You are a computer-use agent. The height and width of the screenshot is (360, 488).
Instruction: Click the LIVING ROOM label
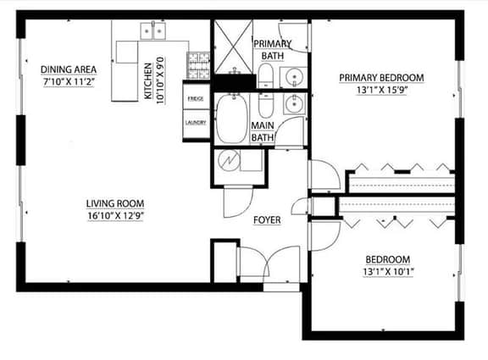tap(115, 203)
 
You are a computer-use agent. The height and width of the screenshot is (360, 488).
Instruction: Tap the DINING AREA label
tap(69, 69)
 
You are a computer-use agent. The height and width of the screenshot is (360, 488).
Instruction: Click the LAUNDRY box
tap(196, 124)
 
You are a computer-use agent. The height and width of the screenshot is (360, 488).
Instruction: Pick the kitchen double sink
tap(152, 30)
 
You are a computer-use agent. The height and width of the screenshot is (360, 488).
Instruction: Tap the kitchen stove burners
tap(198, 65)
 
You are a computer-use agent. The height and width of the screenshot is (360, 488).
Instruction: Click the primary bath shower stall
tap(234, 47)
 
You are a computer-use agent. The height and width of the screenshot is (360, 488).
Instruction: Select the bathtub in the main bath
tap(232, 119)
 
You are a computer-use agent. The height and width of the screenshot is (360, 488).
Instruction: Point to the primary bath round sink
tap(293, 76)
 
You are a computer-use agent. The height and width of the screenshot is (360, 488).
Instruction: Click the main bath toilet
tap(265, 105)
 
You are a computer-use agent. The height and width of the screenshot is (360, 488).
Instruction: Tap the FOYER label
tap(267, 220)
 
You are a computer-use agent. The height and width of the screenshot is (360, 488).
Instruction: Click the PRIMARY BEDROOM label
tap(381, 77)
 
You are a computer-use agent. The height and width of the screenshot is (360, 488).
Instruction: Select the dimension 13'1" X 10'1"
tap(388, 272)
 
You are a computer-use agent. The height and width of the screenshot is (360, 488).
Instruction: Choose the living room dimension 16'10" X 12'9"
tap(115, 216)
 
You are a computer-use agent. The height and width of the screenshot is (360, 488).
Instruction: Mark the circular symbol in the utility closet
tap(229, 160)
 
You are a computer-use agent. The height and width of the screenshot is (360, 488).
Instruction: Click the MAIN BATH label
tap(263, 131)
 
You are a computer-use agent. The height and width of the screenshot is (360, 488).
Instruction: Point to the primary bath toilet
tap(266, 76)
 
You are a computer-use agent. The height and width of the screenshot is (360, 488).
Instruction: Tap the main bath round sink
tap(294, 103)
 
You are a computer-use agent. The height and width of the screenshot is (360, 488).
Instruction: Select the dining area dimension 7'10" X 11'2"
tap(69, 82)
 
